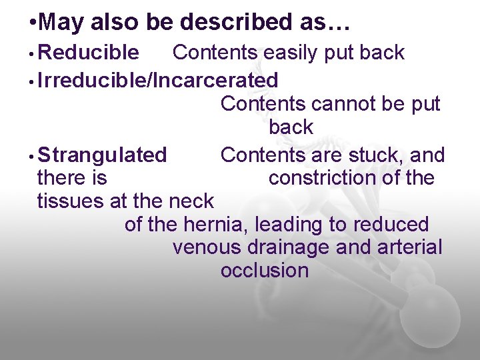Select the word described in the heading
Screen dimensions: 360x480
[231, 23]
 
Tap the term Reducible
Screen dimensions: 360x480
[89, 52]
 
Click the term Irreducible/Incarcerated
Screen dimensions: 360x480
[158, 80]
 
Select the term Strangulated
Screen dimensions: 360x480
[102, 155]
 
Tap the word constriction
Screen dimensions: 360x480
[327, 178]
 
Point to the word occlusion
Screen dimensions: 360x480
[264, 270]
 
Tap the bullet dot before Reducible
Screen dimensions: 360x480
[32, 53]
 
